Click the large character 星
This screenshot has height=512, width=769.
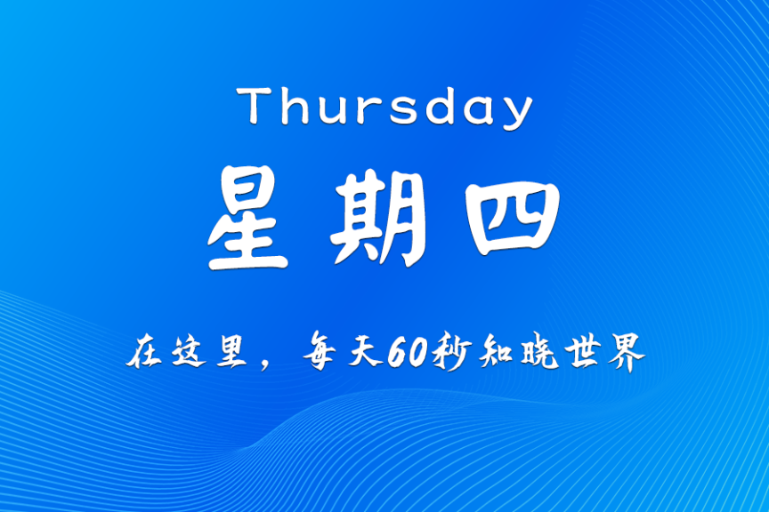[248, 221]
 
